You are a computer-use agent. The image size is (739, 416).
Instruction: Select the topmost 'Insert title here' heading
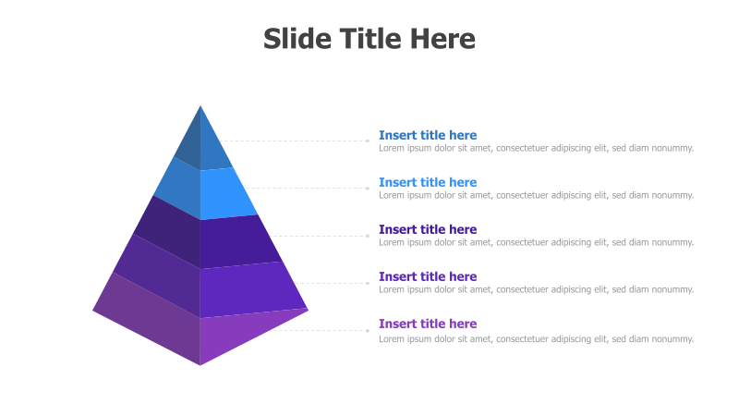pos(428,135)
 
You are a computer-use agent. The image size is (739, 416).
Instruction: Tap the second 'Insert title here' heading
pos(428,182)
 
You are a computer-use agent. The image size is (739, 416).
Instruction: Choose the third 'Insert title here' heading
pos(428,229)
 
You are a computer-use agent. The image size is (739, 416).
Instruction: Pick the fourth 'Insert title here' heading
pos(428,276)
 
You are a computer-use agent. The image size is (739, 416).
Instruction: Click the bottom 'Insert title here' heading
pos(428,324)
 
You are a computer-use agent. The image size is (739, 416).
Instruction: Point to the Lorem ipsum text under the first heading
pos(536,148)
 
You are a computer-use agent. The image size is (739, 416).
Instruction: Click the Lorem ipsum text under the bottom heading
pos(536,339)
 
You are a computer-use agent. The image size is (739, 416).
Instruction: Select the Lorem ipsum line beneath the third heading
pos(536,242)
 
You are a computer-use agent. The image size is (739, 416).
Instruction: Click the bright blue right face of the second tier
pos(226,192)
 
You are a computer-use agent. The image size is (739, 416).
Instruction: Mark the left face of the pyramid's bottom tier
pos(148,319)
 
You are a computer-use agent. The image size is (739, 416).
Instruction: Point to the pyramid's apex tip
pos(200,107)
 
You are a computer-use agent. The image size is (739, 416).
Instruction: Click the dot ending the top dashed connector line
pos(368,141)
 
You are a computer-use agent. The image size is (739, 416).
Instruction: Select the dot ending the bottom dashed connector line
pos(368,330)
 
